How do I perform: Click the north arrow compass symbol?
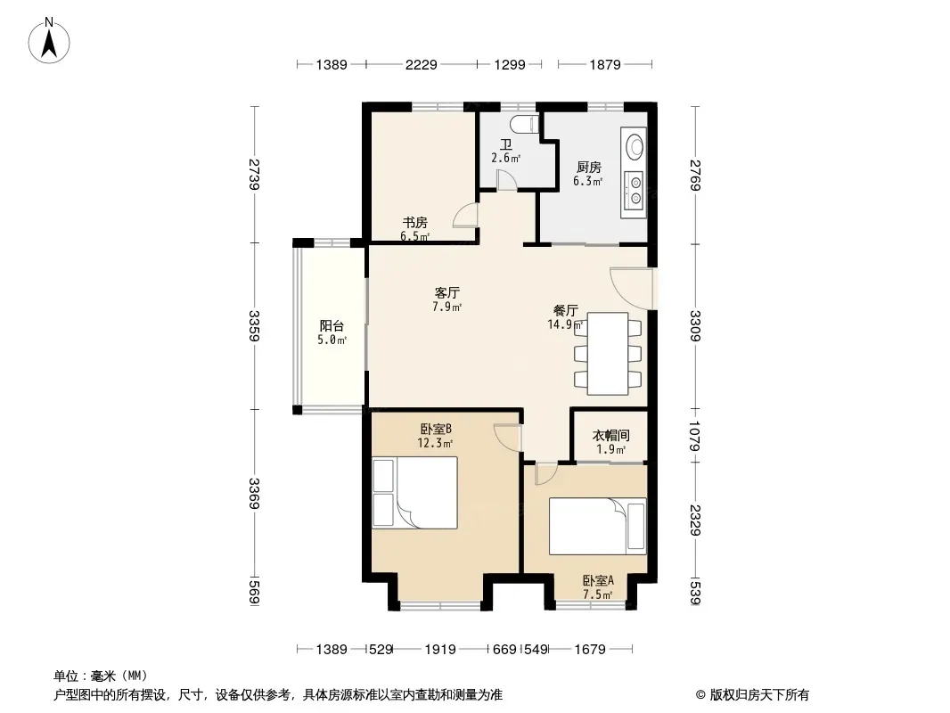(49, 40)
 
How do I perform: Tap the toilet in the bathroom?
(524, 124)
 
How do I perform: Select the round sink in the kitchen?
(635, 146)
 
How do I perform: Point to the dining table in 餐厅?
(608, 354)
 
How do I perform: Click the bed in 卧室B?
(415, 493)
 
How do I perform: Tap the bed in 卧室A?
(598, 526)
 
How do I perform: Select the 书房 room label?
(415, 222)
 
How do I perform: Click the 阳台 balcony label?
(332, 326)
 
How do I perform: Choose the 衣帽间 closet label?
(610, 435)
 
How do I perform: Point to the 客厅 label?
(446, 293)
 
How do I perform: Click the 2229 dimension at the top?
(421, 64)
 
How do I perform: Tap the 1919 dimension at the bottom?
(440, 650)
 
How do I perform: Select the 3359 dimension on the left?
(255, 326)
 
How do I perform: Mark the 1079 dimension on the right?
(695, 436)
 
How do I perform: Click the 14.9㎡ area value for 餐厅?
(566, 324)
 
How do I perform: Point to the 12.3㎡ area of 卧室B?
(435, 443)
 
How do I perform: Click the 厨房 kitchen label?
(588, 167)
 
